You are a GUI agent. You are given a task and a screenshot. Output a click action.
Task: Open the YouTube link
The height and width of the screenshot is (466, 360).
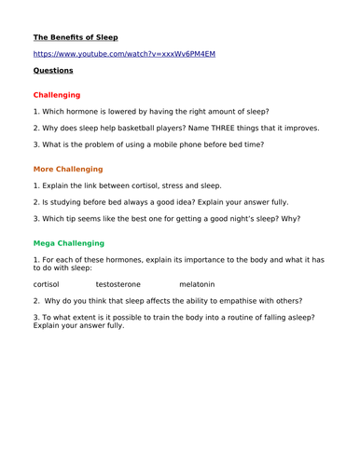click(x=124, y=54)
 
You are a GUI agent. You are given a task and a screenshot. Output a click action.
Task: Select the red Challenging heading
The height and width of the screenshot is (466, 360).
click(x=57, y=95)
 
